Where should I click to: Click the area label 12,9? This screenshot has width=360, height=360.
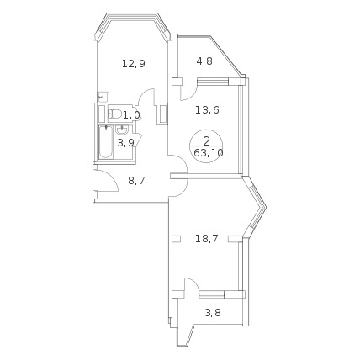click(134, 64)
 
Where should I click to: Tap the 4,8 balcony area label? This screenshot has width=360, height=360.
click(204, 61)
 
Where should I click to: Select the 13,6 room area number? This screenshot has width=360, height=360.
click(207, 110)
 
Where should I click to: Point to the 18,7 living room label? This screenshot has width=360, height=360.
click(207, 239)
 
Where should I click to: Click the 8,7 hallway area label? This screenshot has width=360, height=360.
click(136, 181)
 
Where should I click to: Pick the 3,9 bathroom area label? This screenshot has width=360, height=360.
click(125, 143)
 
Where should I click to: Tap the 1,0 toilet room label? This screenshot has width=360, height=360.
click(132, 114)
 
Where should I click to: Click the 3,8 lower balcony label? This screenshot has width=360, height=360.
click(213, 312)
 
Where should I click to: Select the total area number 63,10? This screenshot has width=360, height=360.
click(209, 153)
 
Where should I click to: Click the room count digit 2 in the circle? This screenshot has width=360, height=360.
click(206, 141)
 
